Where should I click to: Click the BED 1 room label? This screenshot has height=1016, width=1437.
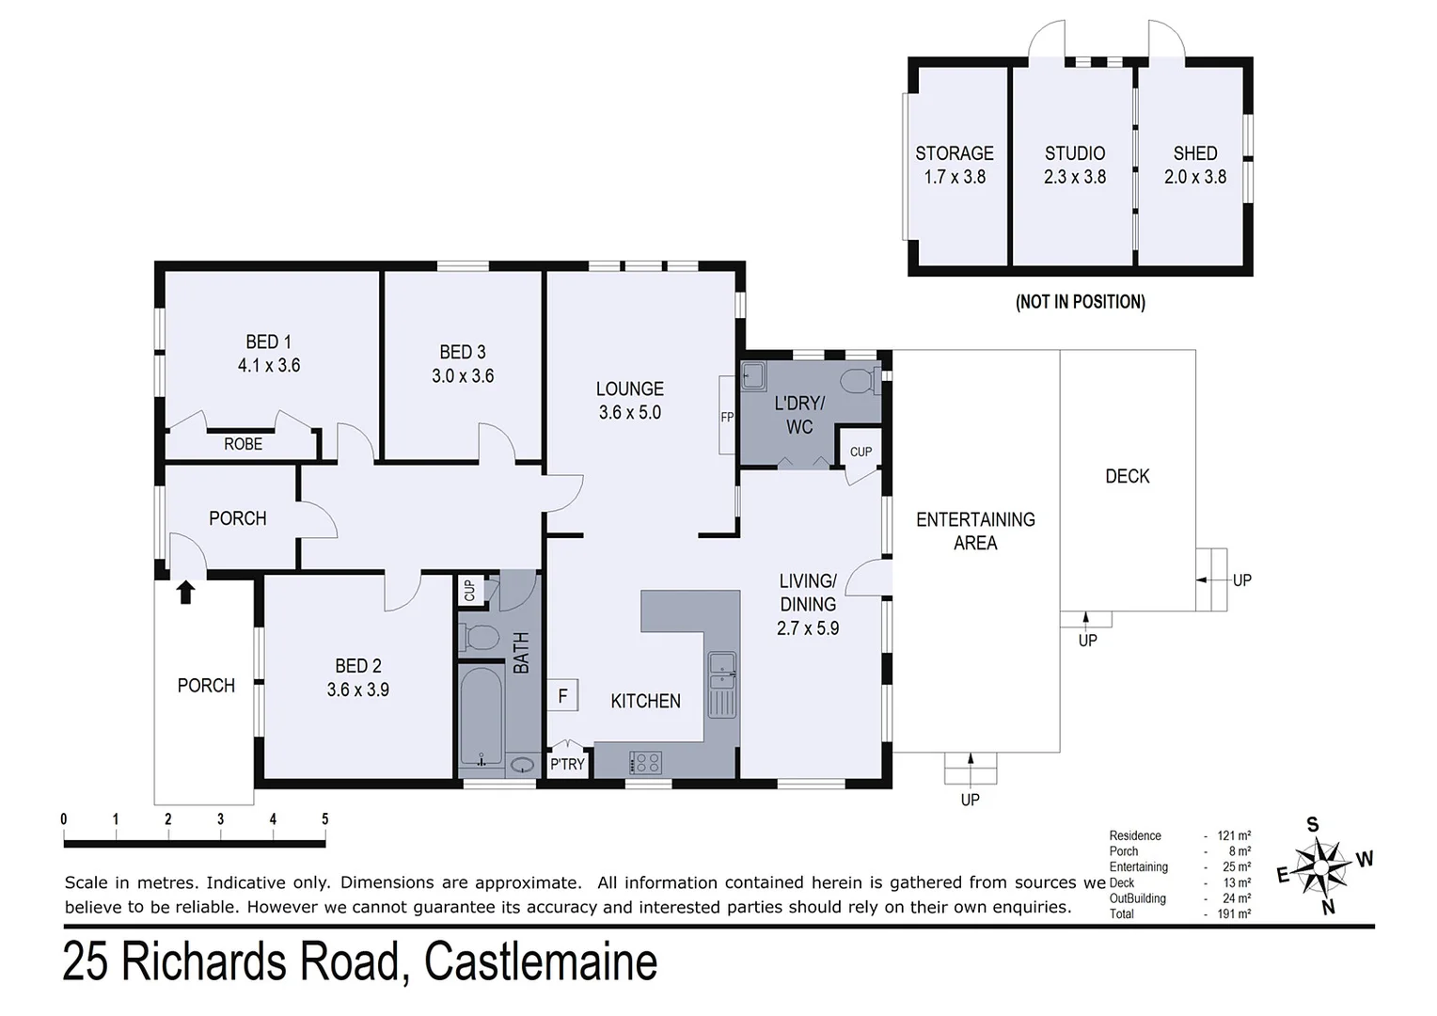coord(268,354)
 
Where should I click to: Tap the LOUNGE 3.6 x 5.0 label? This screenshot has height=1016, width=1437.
coord(629,400)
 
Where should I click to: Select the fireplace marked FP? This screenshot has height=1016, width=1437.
coord(727,416)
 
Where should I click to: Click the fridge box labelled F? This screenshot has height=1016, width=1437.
coord(562,696)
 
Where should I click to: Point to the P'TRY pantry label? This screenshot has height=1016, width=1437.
coord(567,764)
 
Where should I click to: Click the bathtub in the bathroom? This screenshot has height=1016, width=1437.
coord(482,714)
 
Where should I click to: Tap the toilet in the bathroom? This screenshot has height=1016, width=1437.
coord(480,638)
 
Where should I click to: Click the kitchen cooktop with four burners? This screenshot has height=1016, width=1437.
coord(645,762)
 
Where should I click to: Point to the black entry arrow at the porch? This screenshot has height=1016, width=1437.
coord(185,592)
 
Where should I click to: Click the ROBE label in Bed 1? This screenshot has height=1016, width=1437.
coord(243,444)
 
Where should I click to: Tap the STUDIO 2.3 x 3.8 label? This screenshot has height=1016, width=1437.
coord(1074,165)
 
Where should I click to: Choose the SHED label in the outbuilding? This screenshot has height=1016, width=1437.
coord(1194,153)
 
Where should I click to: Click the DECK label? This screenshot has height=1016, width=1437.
coord(1127,476)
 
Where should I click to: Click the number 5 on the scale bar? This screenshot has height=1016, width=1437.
coord(324,819)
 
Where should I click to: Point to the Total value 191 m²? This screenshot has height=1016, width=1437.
coord(1234,913)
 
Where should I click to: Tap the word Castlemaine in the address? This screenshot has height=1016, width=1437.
coord(540,962)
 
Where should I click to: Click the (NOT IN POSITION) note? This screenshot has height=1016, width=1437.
coord(1080,302)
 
